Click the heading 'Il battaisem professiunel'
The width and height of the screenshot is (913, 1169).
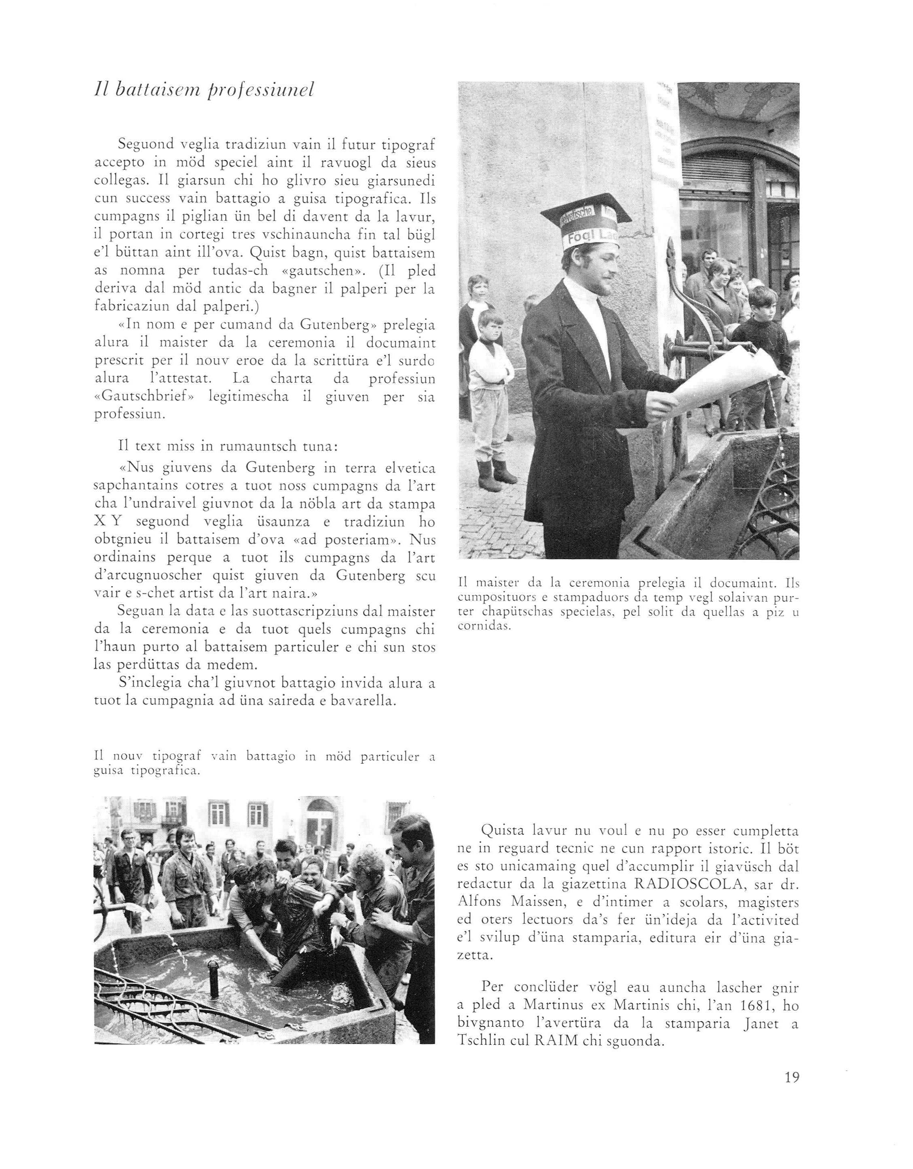(204, 90)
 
